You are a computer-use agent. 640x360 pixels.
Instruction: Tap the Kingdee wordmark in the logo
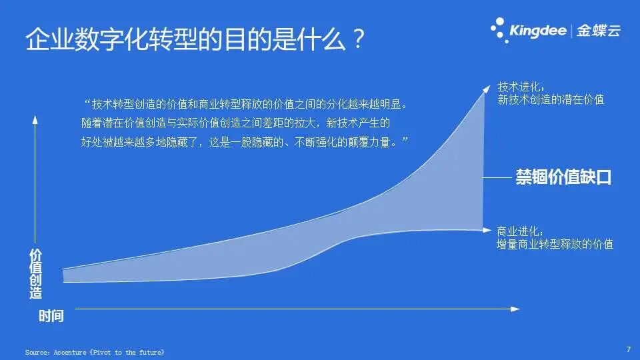click(x=538, y=31)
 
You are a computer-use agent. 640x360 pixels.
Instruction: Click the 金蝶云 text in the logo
click(x=598, y=31)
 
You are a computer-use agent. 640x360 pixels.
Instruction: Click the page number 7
click(x=628, y=349)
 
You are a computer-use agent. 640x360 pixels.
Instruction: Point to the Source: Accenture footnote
click(x=94, y=351)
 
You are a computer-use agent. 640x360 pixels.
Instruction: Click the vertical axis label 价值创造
click(x=35, y=274)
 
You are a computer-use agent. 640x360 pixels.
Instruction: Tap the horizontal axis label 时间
click(x=51, y=316)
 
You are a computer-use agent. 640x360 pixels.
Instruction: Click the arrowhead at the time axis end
click(x=515, y=309)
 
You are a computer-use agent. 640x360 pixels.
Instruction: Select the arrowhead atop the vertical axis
click(x=35, y=119)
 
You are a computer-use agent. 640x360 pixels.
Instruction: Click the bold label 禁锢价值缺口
click(x=563, y=178)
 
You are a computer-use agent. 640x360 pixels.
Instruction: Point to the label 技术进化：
click(x=521, y=87)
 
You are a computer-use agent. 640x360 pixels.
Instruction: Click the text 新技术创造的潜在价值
click(x=551, y=100)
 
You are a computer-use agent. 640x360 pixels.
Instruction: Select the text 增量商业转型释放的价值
click(x=555, y=244)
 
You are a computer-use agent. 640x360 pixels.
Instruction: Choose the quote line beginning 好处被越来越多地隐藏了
click(x=244, y=142)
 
